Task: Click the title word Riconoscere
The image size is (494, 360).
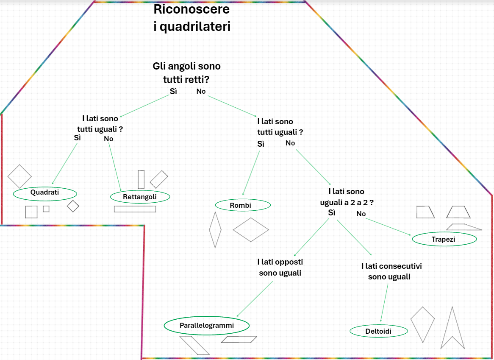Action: coord(191,9)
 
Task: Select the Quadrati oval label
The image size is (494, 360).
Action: coord(45,193)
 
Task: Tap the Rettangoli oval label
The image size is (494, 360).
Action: coord(140,197)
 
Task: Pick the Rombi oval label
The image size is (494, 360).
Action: coord(243,205)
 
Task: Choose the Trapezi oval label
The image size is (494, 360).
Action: coord(444,239)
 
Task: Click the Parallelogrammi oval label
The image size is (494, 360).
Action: coord(206,326)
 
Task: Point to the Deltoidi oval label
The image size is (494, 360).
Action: coord(379,331)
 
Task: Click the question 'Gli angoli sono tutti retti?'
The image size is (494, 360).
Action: coord(186,73)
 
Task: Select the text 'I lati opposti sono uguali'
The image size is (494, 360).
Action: coord(280,268)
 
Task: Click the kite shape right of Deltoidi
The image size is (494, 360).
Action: coord(422,324)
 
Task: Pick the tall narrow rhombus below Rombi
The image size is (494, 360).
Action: coord(215,230)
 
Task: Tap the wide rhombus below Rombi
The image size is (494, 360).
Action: coord(251,230)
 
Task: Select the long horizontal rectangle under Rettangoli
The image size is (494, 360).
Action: coord(135,209)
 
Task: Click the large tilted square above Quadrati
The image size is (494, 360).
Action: coord(19,176)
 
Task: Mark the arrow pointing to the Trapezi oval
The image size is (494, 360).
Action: coord(389,227)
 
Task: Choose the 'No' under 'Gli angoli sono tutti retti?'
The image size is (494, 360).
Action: coord(201,92)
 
